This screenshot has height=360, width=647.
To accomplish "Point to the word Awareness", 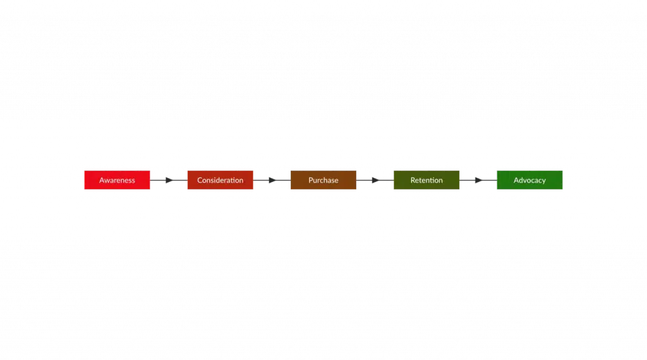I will pyautogui.click(x=117, y=181).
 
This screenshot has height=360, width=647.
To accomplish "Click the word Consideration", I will pyautogui.click(x=220, y=181).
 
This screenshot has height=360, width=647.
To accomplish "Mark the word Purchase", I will pyautogui.click(x=323, y=181).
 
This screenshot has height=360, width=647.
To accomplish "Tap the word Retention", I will pyautogui.click(x=426, y=181).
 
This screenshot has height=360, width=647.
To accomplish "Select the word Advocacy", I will pyautogui.click(x=529, y=181).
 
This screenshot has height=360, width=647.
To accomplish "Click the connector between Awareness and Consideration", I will pyautogui.click(x=169, y=181).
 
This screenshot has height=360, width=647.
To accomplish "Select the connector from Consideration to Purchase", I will pyautogui.click(x=272, y=181).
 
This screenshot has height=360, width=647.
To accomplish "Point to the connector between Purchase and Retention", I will pyautogui.click(x=375, y=181).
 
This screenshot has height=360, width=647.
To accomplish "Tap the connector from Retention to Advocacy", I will pyautogui.click(x=478, y=181).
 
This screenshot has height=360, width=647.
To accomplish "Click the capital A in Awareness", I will pyautogui.click(x=102, y=181).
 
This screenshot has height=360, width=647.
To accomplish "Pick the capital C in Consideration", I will pyautogui.click(x=200, y=181).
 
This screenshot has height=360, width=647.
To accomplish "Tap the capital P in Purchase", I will pyautogui.click(x=311, y=181).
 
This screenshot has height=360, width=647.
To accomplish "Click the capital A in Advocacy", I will pyautogui.click(x=516, y=181).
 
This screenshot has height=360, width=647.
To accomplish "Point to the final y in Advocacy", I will pyautogui.click(x=543, y=181).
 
